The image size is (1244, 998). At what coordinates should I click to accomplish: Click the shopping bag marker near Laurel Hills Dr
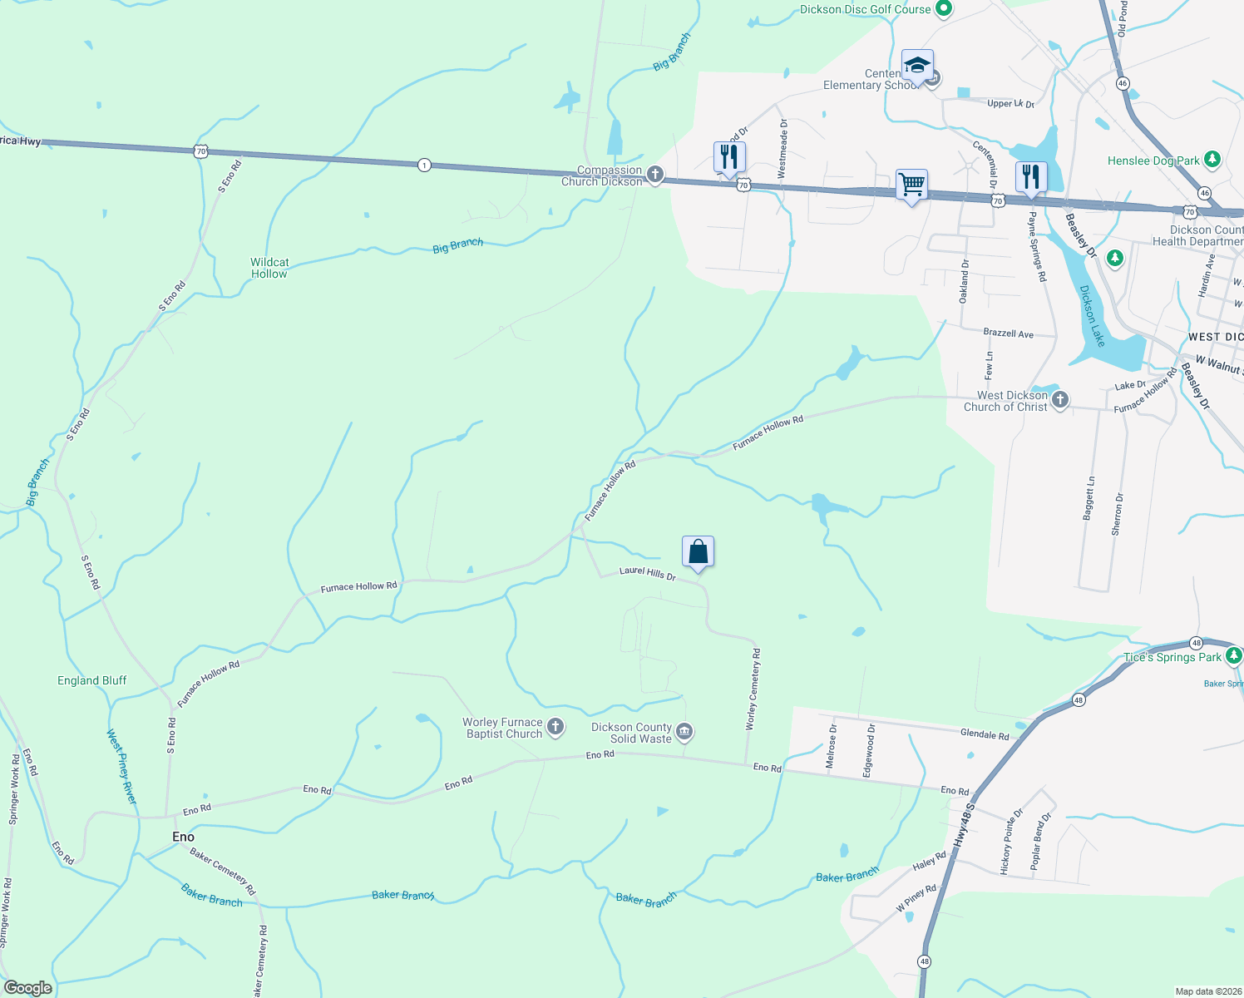click(699, 551)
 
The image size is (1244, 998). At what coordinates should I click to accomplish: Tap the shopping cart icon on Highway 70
click(912, 184)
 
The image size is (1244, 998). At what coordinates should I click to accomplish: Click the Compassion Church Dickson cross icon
click(655, 175)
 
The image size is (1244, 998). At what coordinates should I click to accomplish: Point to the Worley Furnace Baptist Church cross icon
click(555, 727)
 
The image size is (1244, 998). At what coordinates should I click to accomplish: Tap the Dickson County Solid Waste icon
click(684, 732)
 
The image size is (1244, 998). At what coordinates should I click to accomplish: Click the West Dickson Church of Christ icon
click(1059, 400)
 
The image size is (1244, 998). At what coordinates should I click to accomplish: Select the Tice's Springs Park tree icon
click(1233, 656)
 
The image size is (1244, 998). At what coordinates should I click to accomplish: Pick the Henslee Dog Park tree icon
click(1212, 160)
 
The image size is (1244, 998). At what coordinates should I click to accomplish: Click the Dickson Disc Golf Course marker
click(943, 9)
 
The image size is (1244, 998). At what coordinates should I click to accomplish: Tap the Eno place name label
click(183, 837)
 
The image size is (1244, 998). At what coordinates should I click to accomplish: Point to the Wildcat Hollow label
click(269, 268)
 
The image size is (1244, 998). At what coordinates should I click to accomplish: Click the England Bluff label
click(92, 680)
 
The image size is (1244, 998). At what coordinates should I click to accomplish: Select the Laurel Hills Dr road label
click(647, 574)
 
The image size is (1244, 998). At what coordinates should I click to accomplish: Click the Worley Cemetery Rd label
click(752, 689)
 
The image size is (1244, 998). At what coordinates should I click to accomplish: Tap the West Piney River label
click(121, 766)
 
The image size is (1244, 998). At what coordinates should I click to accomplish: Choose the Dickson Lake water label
click(1092, 316)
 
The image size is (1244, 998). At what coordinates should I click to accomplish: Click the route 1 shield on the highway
click(425, 165)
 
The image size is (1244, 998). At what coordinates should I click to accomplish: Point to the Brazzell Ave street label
click(1008, 333)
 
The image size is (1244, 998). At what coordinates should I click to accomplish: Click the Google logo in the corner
click(28, 987)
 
